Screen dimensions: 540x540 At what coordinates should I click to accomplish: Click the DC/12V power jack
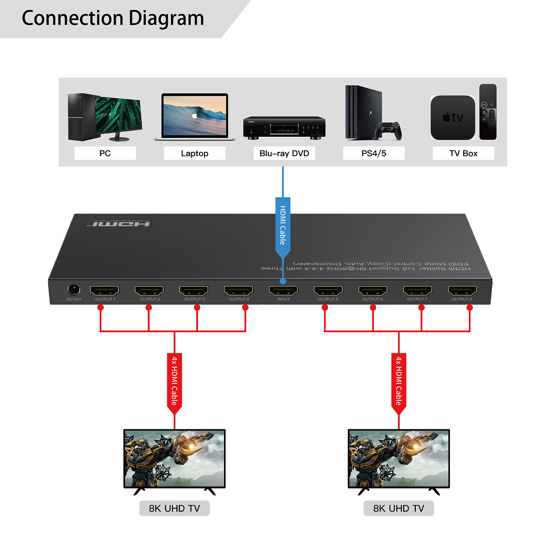tap(74, 290)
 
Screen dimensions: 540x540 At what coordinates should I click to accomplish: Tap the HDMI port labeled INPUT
tap(283, 290)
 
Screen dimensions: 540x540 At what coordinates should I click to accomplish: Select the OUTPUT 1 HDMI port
tap(104, 290)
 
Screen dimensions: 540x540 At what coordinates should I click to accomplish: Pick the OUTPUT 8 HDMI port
tap(462, 290)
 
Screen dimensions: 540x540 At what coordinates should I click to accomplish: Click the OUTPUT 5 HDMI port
tap(328, 290)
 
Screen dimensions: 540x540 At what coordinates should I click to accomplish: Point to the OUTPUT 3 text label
tap(194, 299)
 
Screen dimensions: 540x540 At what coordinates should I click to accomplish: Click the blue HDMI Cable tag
tap(283, 225)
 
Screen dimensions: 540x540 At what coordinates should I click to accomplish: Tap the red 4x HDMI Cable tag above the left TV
tap(174, 381)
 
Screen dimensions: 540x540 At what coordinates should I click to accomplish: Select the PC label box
tap(105, 153)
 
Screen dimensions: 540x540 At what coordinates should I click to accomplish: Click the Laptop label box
tap(194, 153)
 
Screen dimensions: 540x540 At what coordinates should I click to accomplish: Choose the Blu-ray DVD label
tap(284, 153)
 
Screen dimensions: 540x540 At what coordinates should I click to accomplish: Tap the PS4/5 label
tap(374, 153)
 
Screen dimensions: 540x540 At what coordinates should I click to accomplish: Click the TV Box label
tap(463, 153)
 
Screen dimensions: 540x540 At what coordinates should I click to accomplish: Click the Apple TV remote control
tap(488, 112)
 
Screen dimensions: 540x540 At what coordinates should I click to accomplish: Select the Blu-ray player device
tap(284, 127)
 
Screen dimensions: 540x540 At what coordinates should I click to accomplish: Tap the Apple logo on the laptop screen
tap(195, 116)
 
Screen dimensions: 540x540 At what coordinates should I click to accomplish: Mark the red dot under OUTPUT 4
tap(245, 307)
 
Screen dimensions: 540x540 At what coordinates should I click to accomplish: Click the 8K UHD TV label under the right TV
tap(399, 508)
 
